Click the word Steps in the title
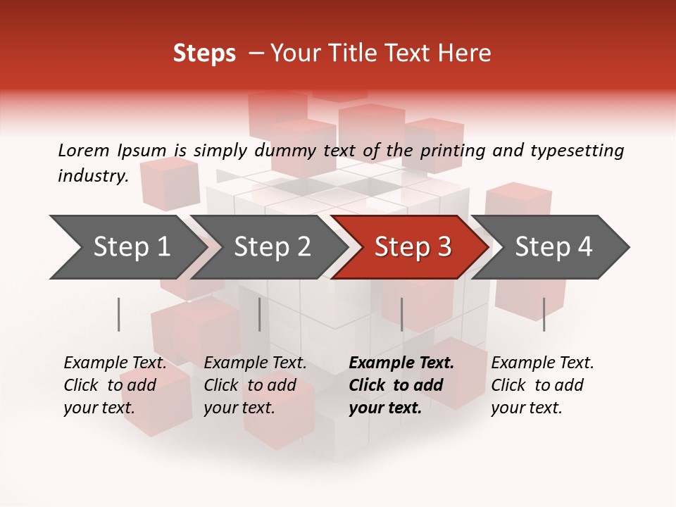click(x=204, y=54)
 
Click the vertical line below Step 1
click(x=119, y=314)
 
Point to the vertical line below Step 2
click(x=260, y=314)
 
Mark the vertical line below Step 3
click(x=402, y=314)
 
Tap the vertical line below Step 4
click(x=544, y=314)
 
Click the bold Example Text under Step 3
click(x=401, y=363)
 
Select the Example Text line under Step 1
click(x=115, y=363)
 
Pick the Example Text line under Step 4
click(x=542, y=363)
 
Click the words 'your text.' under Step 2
click(x=239, y=408)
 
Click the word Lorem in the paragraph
click(x=83, y=151)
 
